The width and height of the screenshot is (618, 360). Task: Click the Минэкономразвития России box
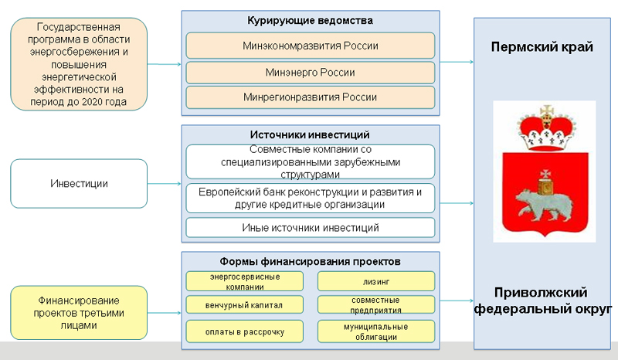pos(310,46)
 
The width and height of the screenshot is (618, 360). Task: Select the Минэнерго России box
pos(310,73)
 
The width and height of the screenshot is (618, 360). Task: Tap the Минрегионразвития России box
pos(310,97)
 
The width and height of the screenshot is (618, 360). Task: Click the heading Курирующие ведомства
pos(310,19)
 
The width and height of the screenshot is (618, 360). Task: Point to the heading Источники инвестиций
pos(310,134)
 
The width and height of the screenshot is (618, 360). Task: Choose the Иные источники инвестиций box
pos(310,228)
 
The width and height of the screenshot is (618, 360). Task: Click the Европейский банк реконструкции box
pos(310,198)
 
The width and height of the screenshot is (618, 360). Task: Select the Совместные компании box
pos(310,161)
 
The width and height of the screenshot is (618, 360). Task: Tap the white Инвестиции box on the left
pos(79,184)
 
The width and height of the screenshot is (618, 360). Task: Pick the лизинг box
pos(376,280)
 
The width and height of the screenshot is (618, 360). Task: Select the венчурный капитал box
pos(244,305)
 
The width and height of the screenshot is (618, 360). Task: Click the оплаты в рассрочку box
pos(244,332)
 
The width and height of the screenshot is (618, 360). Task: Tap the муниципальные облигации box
pos(376,332)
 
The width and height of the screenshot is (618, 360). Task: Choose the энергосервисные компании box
pos(244,280)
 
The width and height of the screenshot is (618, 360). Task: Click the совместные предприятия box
pos(376,304)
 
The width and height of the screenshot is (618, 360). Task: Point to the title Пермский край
pos(542,47)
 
